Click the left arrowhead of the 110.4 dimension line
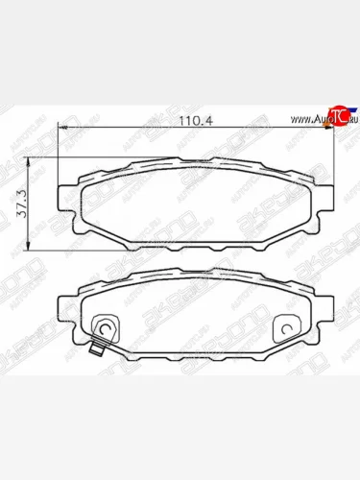point(60,129)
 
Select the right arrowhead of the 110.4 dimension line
point(332,129)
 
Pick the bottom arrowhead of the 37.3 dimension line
point(36,243)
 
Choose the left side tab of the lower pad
point(65,305)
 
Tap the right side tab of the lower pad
point(326,305)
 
